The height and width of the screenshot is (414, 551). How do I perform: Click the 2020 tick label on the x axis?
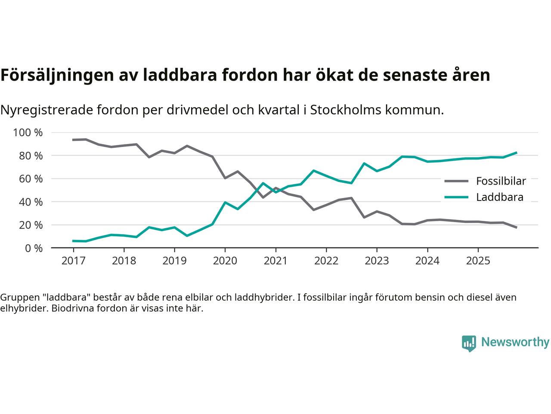[x=225, y=261]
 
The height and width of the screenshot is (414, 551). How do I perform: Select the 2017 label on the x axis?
[x=73, y=261]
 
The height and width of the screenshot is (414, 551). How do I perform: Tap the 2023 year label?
[x=377, y=261]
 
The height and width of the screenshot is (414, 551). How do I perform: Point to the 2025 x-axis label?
[x=478, y=261]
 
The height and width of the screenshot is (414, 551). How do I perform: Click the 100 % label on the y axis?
[x=28, y=132]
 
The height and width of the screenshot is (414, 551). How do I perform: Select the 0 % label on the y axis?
[x=33, y=248]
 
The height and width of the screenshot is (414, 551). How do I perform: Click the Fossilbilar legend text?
[x=501, y=181]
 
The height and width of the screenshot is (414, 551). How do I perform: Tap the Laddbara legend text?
[x=499, y=198]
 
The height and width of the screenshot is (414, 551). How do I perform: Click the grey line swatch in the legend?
[x=456, y=181]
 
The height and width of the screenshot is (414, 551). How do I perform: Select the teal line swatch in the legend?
[x=456, y=198]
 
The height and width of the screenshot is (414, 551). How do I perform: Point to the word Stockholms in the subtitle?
[x=345, y=110]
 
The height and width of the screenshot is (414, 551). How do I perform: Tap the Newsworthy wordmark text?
[x=515, y=342]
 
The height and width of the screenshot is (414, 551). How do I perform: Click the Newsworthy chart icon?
[x=469, y=343]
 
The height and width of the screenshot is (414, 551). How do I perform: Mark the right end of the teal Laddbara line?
[x=516, y=153]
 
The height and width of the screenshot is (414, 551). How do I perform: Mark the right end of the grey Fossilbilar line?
[x=516, y=227]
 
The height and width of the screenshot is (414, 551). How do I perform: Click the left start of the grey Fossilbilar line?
[x=73, y=140]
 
